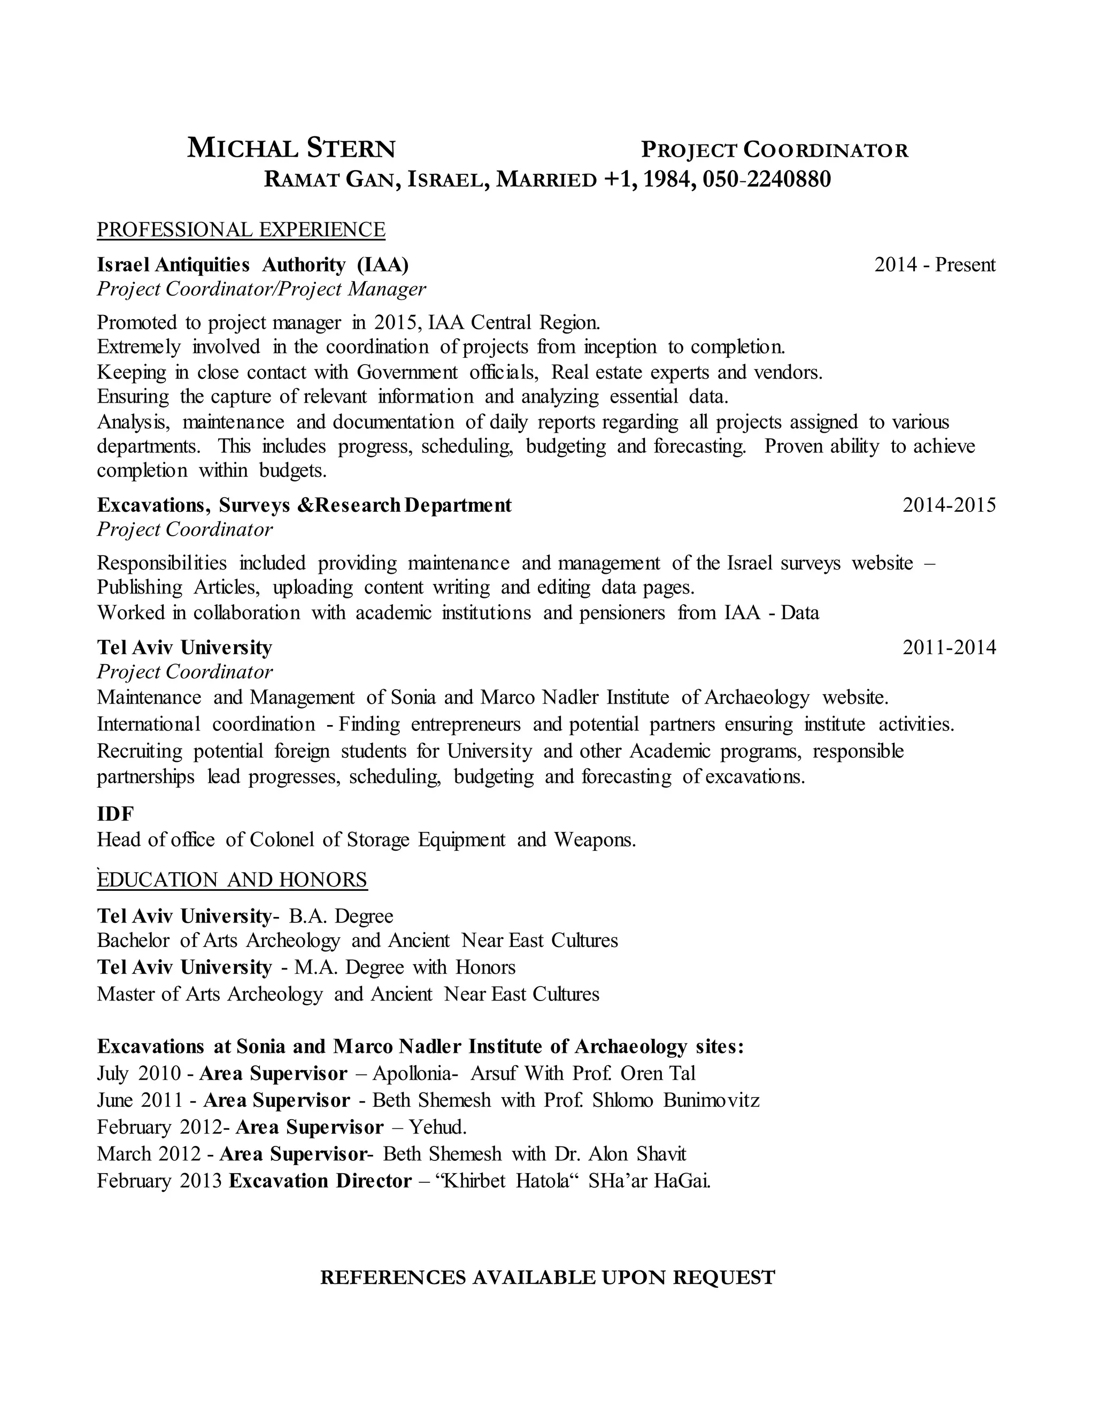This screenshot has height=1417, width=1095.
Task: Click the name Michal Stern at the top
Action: pos(291,149)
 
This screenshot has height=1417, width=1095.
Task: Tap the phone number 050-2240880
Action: pos(766,179)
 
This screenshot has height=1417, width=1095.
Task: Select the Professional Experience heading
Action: pos(241,230)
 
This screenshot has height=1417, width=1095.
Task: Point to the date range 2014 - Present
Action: pos(934,265)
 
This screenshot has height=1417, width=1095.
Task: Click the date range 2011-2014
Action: pos(949,647)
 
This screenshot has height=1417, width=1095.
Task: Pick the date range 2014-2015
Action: pos(949,505)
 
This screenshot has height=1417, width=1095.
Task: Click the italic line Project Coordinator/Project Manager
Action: pos(261,289)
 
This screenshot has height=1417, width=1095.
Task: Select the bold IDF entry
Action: pos(115,814)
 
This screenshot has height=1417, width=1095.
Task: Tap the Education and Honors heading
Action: pos(232,880)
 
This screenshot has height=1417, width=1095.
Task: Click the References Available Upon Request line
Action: pos(547,1277)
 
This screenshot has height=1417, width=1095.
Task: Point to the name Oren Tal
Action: pos(658,1073)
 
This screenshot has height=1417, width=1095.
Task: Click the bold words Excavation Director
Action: pos(320,1180)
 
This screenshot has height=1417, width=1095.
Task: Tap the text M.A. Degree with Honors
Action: pos(405,967)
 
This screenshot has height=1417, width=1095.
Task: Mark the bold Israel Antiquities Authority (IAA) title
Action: pos(253,265)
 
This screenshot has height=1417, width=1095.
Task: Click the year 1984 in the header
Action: pos(669,179)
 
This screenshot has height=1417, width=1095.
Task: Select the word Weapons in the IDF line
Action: pos(595,840)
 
